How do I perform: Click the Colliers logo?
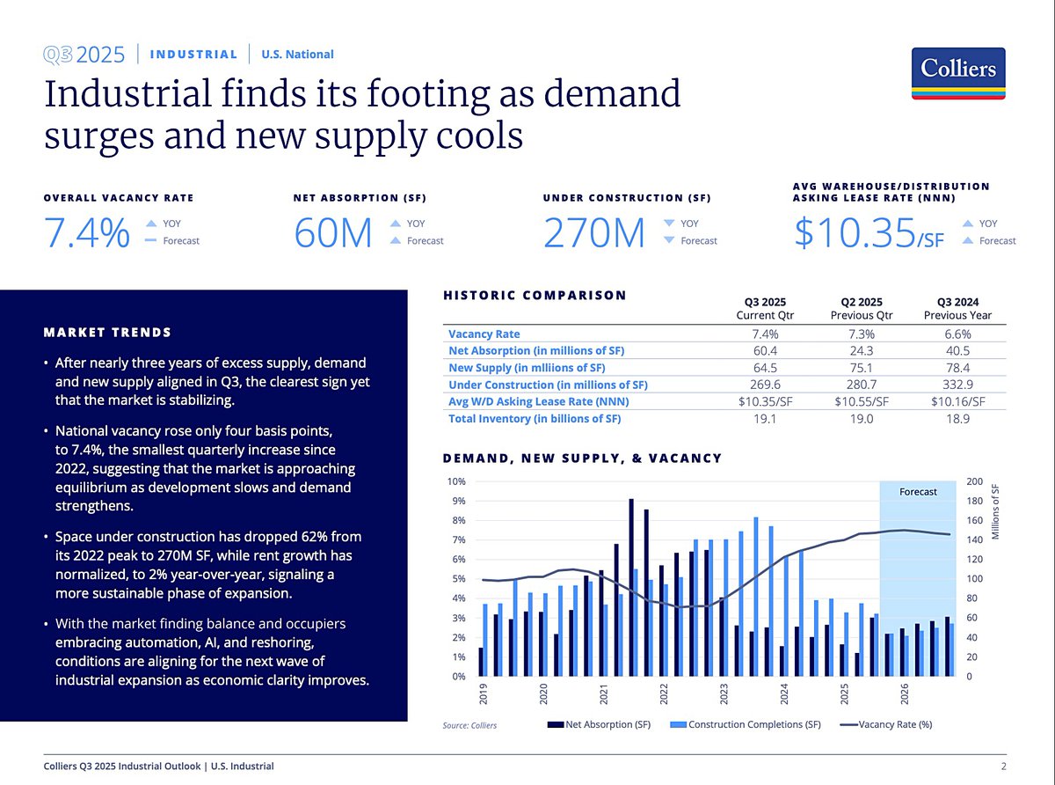[958, 75]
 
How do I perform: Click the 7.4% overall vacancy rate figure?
[87, 233]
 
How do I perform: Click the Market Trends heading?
[107, 333]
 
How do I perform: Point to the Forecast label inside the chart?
[918, 492]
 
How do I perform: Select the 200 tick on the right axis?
[974, 482]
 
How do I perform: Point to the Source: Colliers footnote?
[469, 725]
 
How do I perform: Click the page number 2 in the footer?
[1004, 767]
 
